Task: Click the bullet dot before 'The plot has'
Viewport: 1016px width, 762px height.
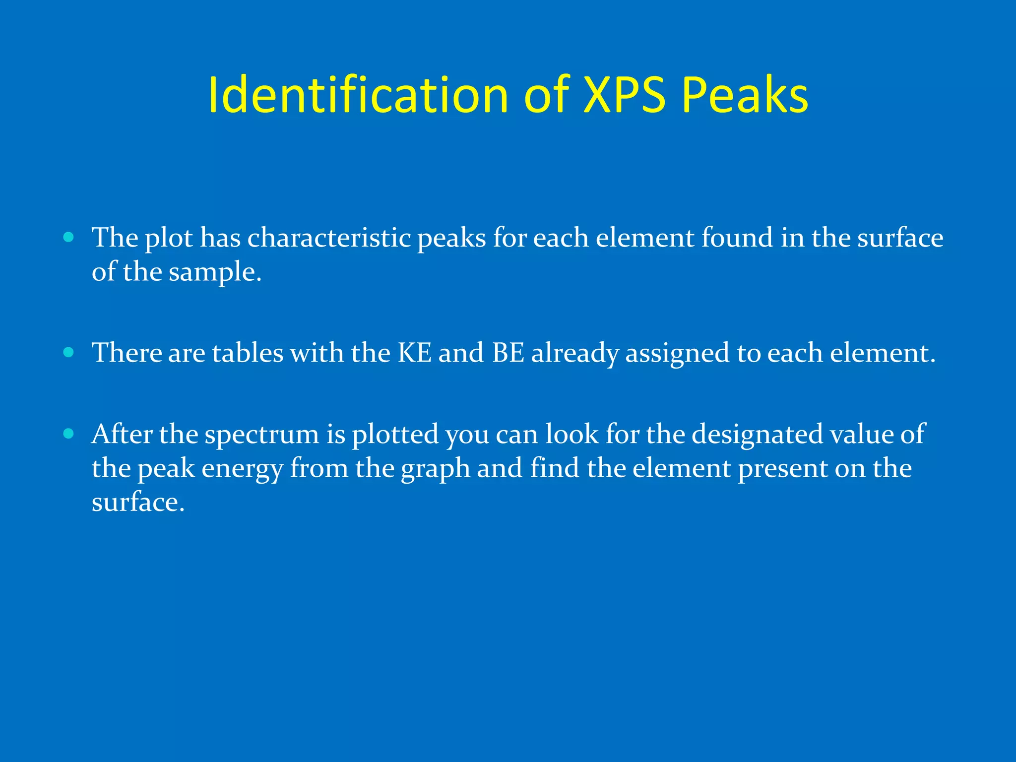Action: (69, 237)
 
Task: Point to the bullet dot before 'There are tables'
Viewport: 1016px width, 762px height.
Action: (69, 352)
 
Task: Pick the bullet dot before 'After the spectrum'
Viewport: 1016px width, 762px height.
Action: (69, 434)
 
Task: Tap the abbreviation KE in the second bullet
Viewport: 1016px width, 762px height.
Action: (414, 353)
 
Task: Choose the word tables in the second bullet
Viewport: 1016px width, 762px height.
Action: (248, 353)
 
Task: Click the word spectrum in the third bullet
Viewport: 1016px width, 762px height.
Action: (262, 435)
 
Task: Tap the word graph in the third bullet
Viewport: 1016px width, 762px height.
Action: (435, 468)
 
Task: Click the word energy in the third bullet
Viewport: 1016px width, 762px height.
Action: (242, 468)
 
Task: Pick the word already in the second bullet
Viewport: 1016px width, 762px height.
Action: (575, 353)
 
